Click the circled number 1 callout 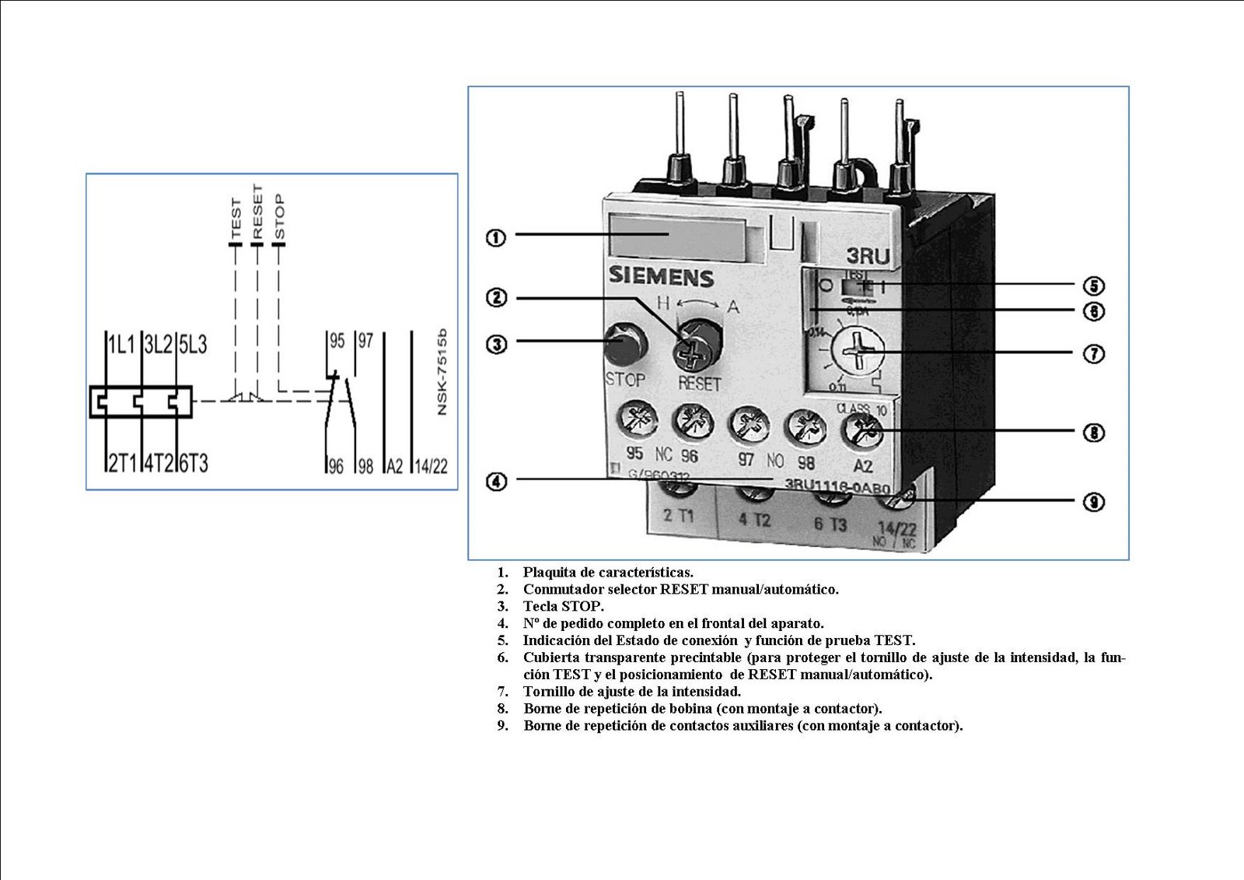[x=496, y=237]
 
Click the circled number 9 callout [x=1093, y=502]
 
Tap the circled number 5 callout [x=1093, y=286]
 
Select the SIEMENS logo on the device [x=660, y=276]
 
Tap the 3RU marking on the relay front [x=867, y=256]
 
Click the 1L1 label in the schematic [x=121, y=345]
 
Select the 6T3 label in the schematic [x=194, y=464]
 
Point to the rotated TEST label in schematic [x=236, y=219]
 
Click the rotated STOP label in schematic [x=280, y=217]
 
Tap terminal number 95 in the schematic [x=337, y=341]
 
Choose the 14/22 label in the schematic [x=431, y=466]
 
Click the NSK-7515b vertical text [x=442, y=372]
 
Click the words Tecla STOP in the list [x=563, y=606]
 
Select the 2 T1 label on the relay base [x=679, y=515]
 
